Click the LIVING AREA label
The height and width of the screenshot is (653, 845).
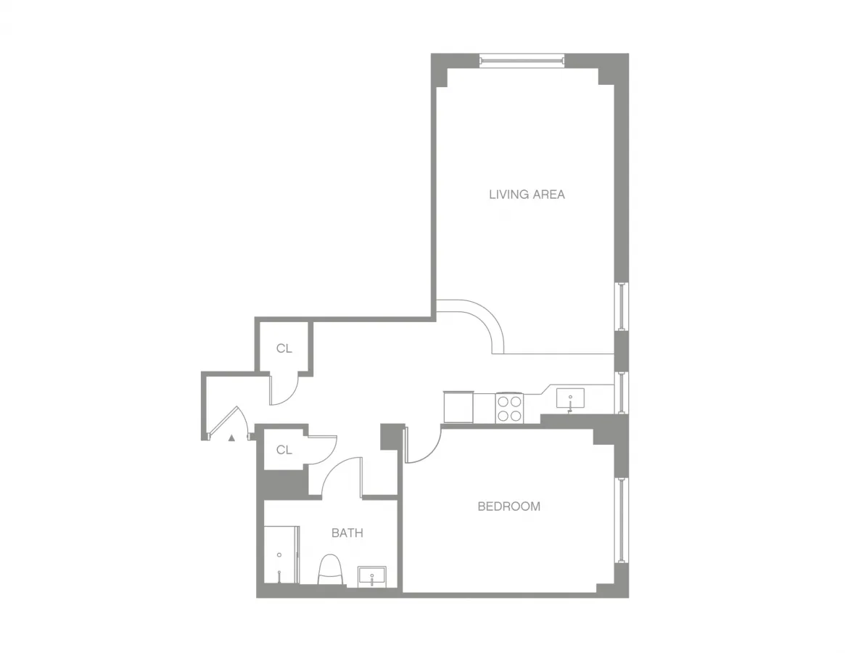[527, 194]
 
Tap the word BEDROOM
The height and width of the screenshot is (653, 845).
[508, 506]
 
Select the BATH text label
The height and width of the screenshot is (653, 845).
[347, 533]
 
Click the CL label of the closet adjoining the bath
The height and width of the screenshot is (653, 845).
[284, 450]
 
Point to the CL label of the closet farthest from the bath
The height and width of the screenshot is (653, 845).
[284, 349]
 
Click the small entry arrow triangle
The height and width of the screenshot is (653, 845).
[232, 438]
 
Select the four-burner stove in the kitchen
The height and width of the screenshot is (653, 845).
[509, 408]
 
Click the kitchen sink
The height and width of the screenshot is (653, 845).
[570, 398]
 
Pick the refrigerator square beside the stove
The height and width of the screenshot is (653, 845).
[458, 406]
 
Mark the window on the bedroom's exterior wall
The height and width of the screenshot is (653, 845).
[622, 519]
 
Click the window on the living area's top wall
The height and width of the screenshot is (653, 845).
[522, 60]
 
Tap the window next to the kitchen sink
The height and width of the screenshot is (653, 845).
[622, 393]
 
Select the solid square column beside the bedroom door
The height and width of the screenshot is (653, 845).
[391, 435]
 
